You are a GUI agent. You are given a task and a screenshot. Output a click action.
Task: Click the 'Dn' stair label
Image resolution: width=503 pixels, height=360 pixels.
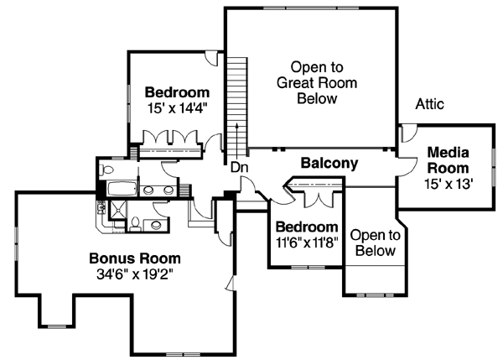pos(239,167)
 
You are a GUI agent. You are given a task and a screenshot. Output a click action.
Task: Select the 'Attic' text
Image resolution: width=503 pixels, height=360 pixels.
pos(429,104)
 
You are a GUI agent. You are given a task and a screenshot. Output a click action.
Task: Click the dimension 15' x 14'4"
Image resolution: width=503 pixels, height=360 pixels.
pos(175,107)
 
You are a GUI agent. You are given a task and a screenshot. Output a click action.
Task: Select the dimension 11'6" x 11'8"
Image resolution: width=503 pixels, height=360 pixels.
pos(306,243)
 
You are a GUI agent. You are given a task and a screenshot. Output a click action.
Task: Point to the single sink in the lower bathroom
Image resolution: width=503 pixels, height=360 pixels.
pos(153,222)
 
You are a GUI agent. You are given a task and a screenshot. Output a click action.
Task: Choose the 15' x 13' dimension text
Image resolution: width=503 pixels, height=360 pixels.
pos(449,184)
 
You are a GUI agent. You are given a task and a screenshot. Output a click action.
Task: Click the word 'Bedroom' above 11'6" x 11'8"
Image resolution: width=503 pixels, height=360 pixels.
pos(306,227)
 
